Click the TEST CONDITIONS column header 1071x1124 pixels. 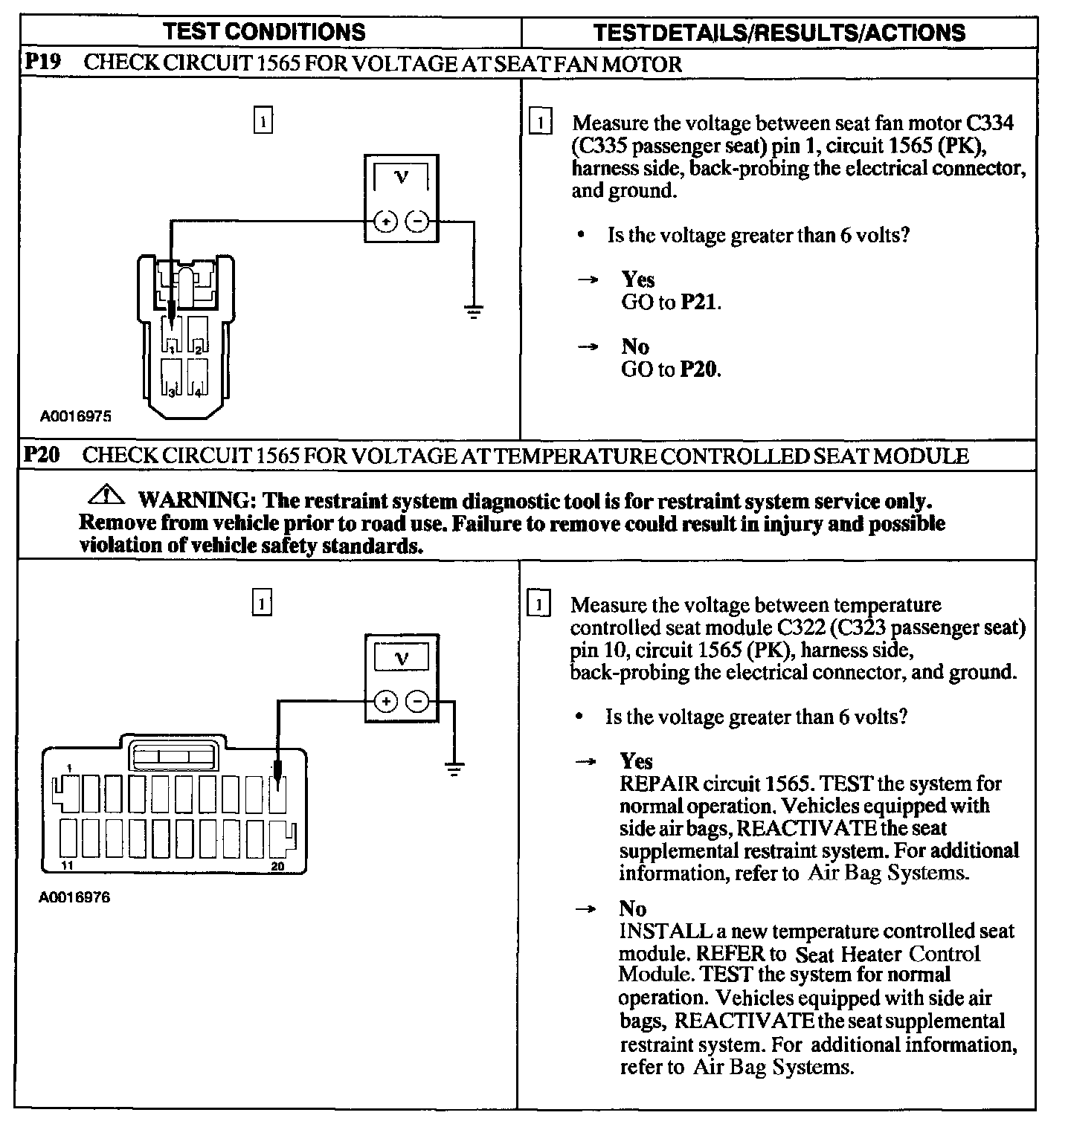(264, 32)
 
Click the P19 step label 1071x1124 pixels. (42, 62)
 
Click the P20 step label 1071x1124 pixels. (42, 455)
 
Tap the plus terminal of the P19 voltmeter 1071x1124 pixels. (385, 222)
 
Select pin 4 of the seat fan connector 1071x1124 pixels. (197, 377)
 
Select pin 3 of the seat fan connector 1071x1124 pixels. (171, 377)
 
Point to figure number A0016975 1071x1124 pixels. (76, 417)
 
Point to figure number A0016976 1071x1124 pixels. (74, 897)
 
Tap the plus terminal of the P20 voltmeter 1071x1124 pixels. (385, 701)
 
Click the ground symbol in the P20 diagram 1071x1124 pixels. (453, 769)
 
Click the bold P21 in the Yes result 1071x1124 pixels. (699, 303)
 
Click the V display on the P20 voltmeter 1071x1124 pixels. (402, 658)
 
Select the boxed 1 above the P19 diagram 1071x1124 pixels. (263, 120)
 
